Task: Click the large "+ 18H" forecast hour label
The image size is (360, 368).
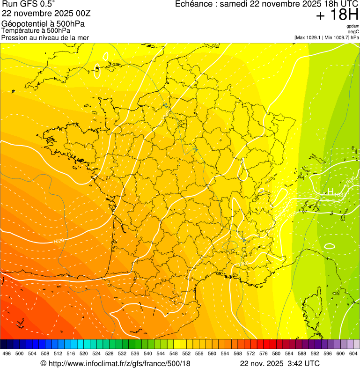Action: (x=337, y=15)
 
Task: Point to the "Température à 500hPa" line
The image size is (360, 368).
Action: (x=36, y=30)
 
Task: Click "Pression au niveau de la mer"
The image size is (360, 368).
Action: (x=45, y=37)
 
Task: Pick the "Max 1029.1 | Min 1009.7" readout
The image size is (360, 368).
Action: (x=323, y=37)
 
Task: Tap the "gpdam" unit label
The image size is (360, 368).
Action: (x=353, y=26)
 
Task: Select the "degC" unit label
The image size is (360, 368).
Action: (x=353, y=32)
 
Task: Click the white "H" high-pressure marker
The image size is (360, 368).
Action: (x=331, y=192)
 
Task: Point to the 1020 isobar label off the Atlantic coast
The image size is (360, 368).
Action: (x=59, y=241)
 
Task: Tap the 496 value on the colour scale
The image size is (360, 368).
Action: (x=7, y=354)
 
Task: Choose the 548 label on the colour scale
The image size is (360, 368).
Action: (x=174, y=354)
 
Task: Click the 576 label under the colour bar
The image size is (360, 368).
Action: (x=264, y=354)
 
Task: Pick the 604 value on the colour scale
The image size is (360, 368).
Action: (x=353, y=354)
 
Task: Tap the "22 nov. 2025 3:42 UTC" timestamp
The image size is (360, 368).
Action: (x=279, y=363)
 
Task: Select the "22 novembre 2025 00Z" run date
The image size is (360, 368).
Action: (x=50, y=14)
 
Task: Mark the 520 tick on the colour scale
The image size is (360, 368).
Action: (x=84, y=354)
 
